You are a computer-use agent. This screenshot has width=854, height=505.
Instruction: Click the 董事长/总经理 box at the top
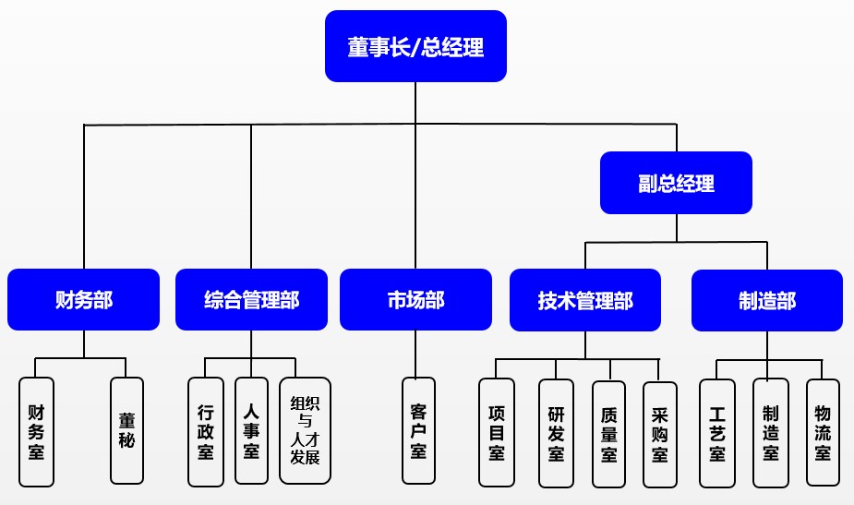coord(415,46)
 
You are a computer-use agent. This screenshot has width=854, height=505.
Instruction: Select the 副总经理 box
coord(676,183)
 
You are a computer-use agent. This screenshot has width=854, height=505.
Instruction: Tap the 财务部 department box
coord(84,300)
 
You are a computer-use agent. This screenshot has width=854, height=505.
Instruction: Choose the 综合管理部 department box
coord(251,300)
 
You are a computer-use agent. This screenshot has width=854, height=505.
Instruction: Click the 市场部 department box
coord(415,300)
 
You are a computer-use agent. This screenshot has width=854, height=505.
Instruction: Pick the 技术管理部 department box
coord(585,300)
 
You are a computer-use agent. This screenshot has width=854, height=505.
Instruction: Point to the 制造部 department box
coord(767,300)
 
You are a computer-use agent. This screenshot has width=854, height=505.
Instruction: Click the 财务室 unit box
coord(37,431)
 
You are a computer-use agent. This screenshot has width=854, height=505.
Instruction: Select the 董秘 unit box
coord(126,431)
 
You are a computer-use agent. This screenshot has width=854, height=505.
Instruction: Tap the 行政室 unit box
coord(206,431)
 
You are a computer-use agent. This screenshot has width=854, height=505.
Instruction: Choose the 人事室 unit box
coord(251,431)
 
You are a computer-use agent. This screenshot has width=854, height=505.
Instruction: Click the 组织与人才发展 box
coord(305,431)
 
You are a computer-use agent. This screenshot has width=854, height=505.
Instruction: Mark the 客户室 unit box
coord(418,431)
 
